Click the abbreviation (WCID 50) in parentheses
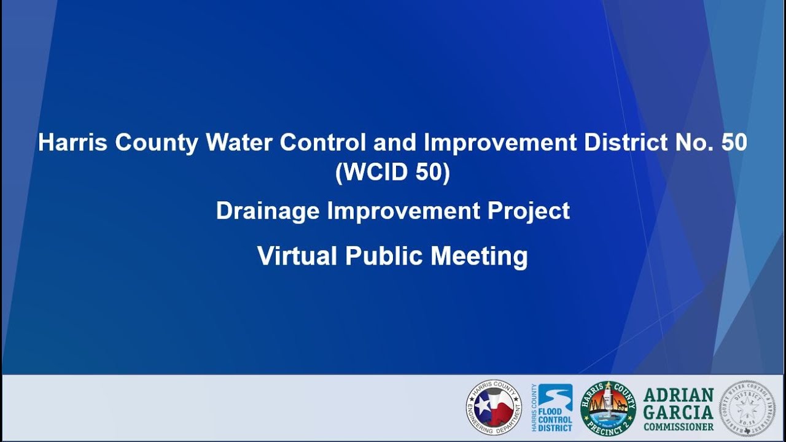click(393, 173)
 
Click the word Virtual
click(297, 256)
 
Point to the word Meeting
click(479, 256)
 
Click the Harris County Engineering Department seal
click(494, 408)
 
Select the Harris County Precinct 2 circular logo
click(608, 408)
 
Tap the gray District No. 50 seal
click(747, 408)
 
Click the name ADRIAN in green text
click(679, 395)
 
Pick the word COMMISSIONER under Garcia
click(679, 426)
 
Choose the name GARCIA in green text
click(679, 411)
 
